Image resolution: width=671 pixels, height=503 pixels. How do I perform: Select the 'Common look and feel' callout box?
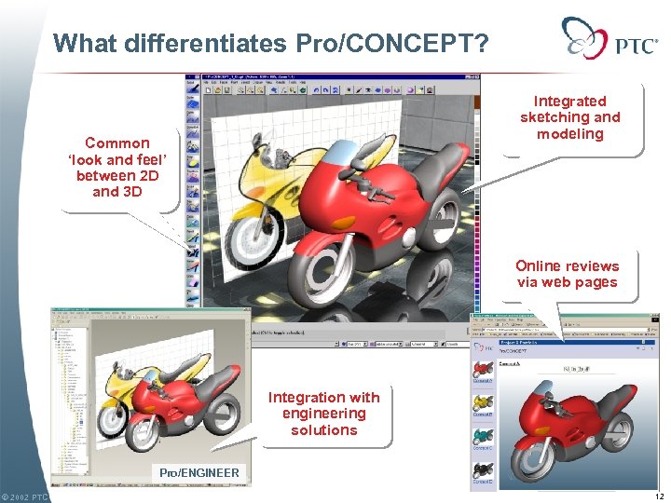pyautogui.click(x=116, y=167)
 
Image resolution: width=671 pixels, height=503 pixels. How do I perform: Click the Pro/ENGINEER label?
pyautogui.click(x=199, y=473)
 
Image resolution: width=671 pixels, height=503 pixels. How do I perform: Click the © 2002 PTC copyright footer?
pyautogui.click(x=25, y=496)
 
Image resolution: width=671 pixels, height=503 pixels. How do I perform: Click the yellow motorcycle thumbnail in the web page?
pyautogui.click(x=483, y=401)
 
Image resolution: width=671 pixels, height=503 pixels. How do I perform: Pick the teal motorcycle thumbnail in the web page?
pyautogui.click(x=483, y=435)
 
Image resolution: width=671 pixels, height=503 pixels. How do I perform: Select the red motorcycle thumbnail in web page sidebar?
pyautogui.click(x=483, y=369)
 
